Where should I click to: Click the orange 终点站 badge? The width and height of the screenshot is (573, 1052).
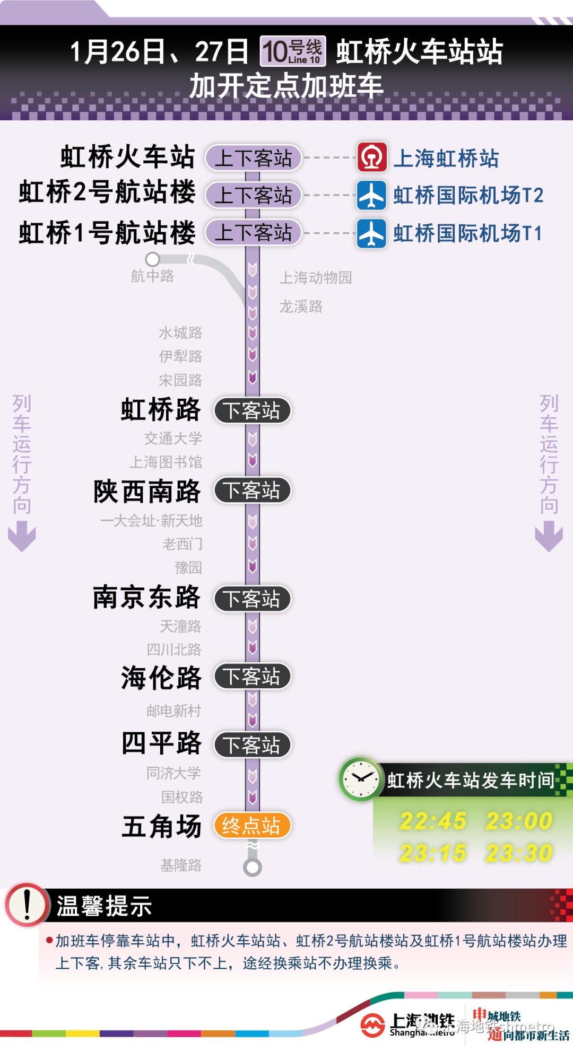[x=252, y=826]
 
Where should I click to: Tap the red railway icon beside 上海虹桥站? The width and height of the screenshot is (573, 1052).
[x=371, y=157]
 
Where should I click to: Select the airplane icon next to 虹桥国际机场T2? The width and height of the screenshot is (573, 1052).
[x=371, y=195]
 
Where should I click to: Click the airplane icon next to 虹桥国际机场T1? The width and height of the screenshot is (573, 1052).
[x=371, y=233]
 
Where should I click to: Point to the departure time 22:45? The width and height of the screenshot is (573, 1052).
[x=433, y=821]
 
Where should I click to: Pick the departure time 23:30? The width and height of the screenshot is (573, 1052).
[x=519, y=853]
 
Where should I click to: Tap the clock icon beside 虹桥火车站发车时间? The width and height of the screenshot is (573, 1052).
[x=360, y=779]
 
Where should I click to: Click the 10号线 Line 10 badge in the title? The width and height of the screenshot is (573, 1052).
[x=293, y=51]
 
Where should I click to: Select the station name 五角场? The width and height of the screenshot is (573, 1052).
[x=161, y=826]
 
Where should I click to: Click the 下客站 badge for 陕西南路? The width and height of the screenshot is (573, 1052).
[x=252, y=490]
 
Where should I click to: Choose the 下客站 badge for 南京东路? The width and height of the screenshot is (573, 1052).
[x=252, y=599]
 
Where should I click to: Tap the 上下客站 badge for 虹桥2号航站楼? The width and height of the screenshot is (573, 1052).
[x=253, y=195]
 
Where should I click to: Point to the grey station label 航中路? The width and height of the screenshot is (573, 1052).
[x=152, y=276]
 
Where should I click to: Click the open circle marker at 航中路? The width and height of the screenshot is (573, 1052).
[x=153, y=259]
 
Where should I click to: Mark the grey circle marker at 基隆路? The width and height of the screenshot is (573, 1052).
[x=253, y=867]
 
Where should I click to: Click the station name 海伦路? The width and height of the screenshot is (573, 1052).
[x=161, y=678]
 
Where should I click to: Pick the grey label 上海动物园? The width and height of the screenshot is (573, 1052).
[x=316, y=278]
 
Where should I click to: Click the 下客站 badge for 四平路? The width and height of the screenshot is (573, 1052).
[x=252, y=745]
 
